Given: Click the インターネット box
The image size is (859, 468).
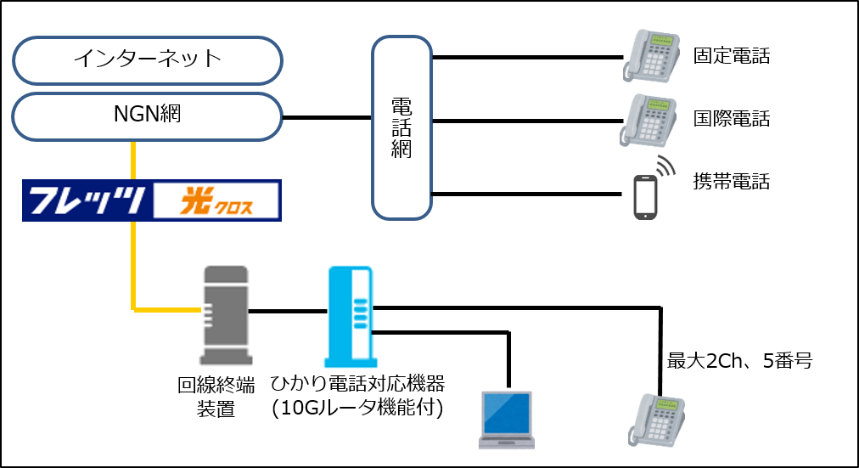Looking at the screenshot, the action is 147,59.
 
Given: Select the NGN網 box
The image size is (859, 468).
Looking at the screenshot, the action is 147,116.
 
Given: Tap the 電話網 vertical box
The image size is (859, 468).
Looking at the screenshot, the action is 401,127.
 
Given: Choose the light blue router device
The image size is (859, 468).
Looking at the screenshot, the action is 350,309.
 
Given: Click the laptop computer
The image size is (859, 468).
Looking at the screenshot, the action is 507,420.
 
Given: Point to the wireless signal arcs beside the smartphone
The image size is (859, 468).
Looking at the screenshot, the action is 667,166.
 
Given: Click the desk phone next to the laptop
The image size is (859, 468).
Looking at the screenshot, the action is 656,420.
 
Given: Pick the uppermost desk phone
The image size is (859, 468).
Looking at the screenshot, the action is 652,55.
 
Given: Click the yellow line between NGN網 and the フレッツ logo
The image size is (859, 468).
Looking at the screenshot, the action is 134,161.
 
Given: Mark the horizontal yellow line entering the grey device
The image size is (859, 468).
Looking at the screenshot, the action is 166,309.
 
